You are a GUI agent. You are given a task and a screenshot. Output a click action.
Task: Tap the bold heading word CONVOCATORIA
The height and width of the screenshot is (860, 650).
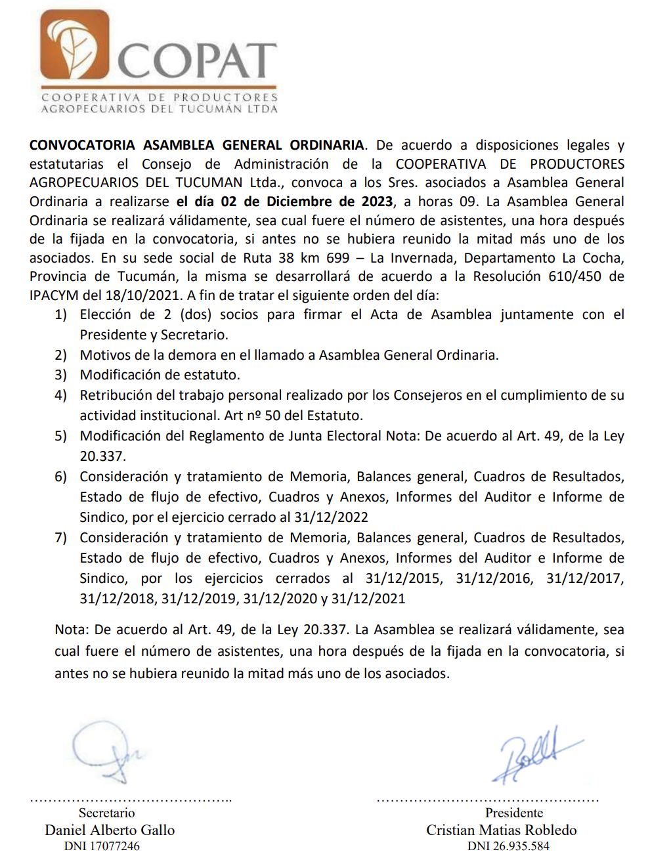(x=82, y=145)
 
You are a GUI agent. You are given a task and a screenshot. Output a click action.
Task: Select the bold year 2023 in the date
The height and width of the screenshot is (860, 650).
(x=377, y=202)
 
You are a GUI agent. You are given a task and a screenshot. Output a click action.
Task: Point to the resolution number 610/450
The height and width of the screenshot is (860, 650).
(x=574, y=276)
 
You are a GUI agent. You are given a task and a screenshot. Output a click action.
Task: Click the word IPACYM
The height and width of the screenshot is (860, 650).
(x=54, y=295)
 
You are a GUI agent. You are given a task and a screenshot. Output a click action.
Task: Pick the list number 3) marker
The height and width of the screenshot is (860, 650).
(x=61, y=375)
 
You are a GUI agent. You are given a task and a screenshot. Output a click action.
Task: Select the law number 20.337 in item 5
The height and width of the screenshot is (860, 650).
(x=103, y=456)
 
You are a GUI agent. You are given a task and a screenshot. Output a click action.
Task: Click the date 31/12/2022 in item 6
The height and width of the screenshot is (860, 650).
(x=331, y=517)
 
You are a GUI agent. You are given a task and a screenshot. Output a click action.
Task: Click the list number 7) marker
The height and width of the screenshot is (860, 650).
(x=61, y=538)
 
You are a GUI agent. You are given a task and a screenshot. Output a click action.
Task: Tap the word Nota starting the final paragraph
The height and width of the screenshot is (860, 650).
(x=71, y=630)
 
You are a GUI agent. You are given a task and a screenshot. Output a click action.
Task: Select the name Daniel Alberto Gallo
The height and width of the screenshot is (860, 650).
(x=110, y=830)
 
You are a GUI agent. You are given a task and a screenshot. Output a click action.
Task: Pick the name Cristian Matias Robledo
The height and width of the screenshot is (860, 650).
(x=501, y=830)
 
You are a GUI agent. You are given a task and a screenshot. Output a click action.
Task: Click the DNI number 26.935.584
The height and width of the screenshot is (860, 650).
(x=521, y=846)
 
